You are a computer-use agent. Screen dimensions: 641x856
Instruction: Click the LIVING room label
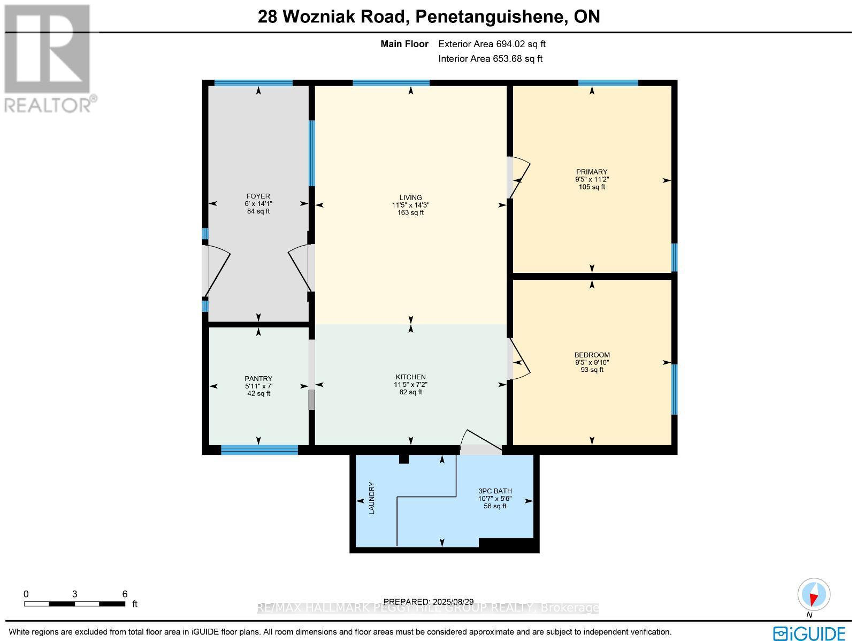click(410, 197)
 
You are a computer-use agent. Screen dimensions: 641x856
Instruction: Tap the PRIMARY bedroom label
click(591, 172)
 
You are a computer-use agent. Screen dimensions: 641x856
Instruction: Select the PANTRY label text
click(258, 378)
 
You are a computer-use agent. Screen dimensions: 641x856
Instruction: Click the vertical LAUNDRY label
click(372, 498)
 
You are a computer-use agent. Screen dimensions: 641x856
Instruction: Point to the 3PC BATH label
click(495, 491)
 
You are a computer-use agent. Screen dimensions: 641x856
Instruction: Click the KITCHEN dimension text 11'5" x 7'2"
click(410, 384)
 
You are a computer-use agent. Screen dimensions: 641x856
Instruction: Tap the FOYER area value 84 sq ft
click(258, 211)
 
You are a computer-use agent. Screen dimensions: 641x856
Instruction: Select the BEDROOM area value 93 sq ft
click(592, 370)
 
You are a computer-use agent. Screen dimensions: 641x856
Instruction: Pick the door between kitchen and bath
click(480, 442)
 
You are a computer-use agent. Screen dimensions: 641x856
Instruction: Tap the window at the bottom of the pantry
click(259, 450)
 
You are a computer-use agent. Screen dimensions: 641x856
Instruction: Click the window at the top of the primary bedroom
click(608, 83)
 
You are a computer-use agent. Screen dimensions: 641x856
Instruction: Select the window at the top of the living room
click(391, 83)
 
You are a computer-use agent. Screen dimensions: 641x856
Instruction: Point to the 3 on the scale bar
click(75, 594)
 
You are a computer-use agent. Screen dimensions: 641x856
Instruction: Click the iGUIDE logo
click(809, 632)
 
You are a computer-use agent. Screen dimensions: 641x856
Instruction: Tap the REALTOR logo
click(49, 58)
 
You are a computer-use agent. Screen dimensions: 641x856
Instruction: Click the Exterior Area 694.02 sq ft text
click(492, 44)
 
